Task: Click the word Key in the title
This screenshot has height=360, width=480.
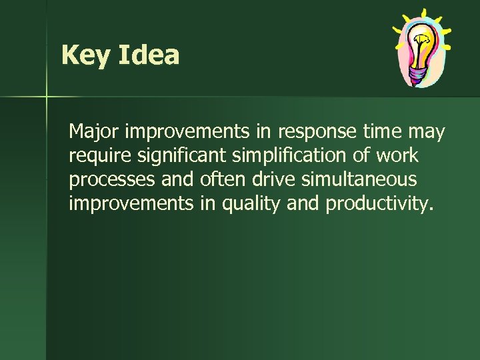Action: pyautogui.click(x=86, y=55)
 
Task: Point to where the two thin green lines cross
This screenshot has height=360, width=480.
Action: pyautogui.click(x=47, y=97)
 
